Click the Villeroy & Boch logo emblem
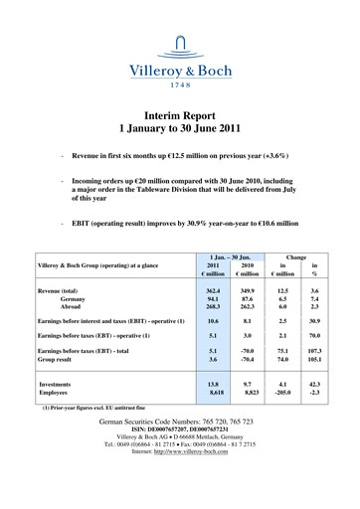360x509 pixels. tap(180, 42)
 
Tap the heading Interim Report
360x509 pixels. tap(180, 116)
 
